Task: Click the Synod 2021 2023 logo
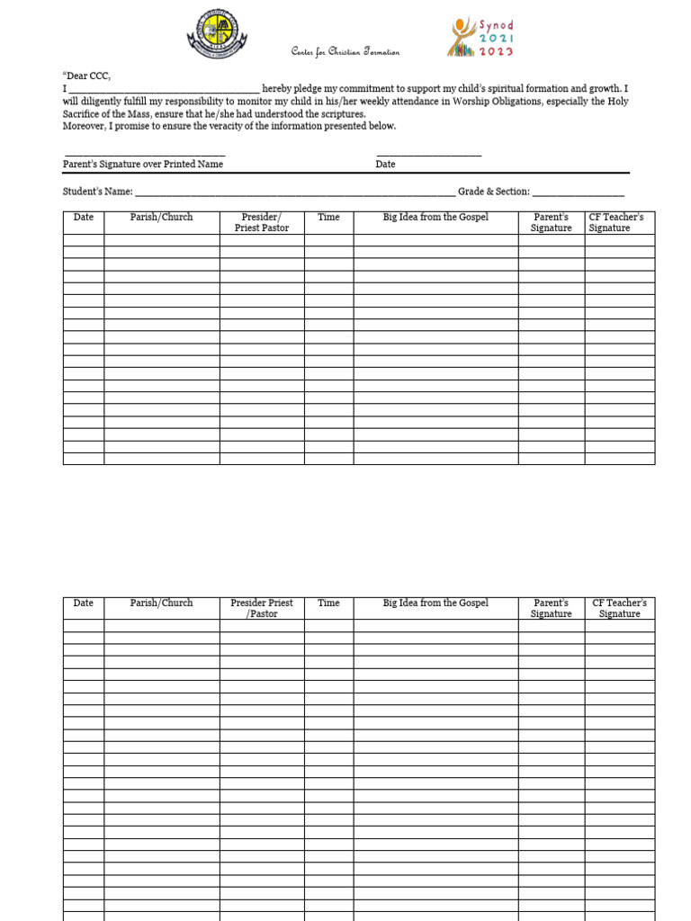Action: pos(480,38)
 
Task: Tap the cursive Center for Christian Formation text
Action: pos(345,52)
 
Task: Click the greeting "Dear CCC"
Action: pos(86,76)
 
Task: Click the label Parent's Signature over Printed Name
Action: pos(143,165)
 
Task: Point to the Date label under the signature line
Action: pos(385,165)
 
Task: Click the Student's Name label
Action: pos(98,192)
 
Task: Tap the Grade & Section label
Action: pos(494,192)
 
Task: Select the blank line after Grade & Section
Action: pos(579,192)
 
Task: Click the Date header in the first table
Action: pos(84,218)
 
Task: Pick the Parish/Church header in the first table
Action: pos(161,218)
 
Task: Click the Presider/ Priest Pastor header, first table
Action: pos(262,223)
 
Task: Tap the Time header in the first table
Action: pos(328,218)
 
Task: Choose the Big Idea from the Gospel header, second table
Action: pos(435,604)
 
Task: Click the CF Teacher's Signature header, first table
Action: pos(619,223)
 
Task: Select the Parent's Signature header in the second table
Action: pos(551,609)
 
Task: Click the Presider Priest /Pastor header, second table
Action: pos(262,609)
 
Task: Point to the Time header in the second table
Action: pos(328,604)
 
